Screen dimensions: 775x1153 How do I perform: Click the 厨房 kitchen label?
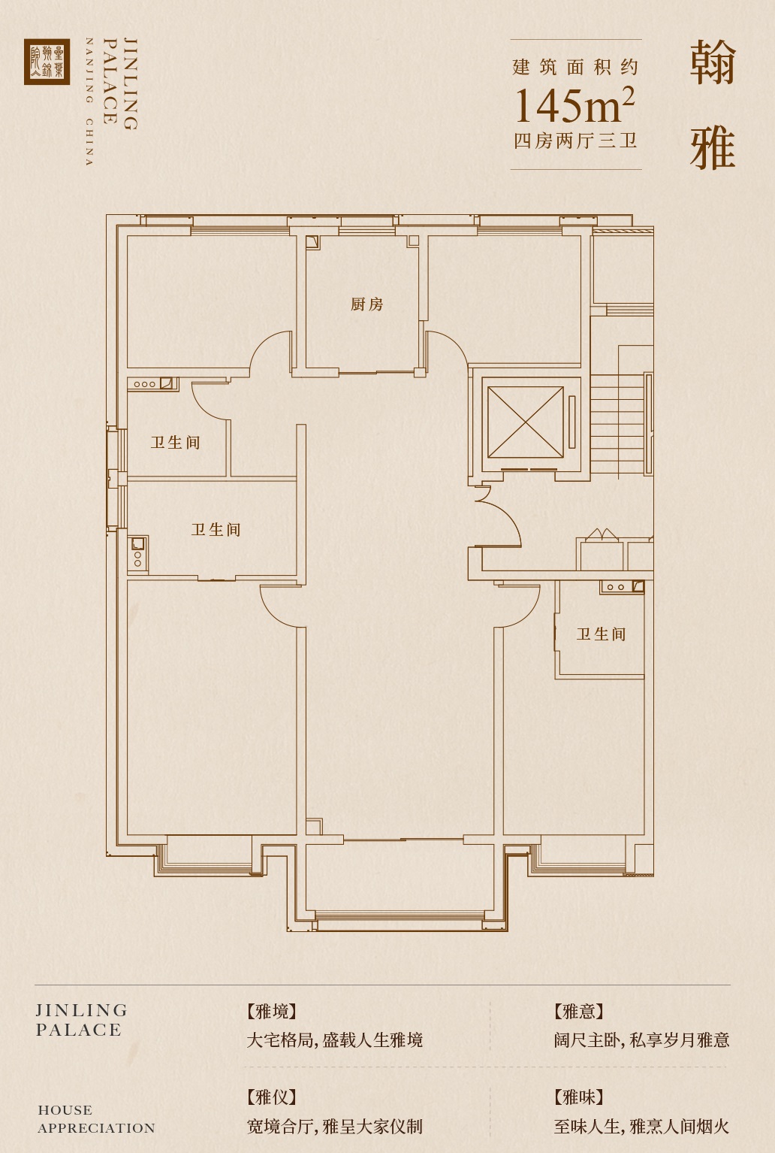(366, 304)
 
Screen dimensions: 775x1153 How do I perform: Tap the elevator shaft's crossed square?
(525, 422)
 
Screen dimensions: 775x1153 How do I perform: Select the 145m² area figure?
(575, 105)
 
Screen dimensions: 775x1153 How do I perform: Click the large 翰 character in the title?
(713, 63)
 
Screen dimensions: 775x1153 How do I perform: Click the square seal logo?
(47, 62)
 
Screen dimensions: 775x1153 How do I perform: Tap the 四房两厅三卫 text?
(575, 141)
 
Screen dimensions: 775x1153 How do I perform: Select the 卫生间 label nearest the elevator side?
(601, 634)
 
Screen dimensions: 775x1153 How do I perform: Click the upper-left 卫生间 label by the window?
(175, 442)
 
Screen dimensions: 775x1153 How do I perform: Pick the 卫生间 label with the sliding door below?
(216, 530)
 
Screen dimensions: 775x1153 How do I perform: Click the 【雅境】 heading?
(272, 1012)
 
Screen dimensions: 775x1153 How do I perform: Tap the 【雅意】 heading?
(578, 1012)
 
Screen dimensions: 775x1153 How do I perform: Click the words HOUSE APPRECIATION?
(96, 1118)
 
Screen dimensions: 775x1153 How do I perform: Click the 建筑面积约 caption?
(575, 68)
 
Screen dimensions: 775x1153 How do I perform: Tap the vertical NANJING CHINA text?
(89, 101)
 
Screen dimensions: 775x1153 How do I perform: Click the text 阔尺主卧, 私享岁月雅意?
(641, 1040)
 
